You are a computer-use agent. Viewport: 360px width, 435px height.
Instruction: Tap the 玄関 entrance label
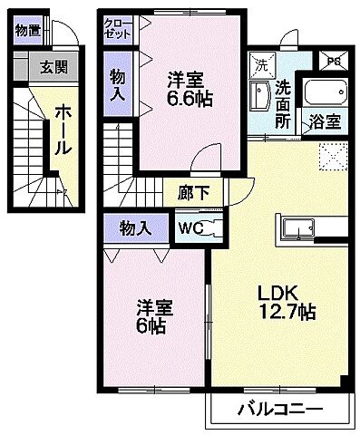point(54,66)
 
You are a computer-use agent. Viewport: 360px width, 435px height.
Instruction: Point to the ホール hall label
point(63,128)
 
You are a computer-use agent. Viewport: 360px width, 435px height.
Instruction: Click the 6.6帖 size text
point(190,98)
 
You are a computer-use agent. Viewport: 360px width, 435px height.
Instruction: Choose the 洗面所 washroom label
point(284,101)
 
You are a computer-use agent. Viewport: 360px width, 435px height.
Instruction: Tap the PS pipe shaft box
point(333,62)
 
